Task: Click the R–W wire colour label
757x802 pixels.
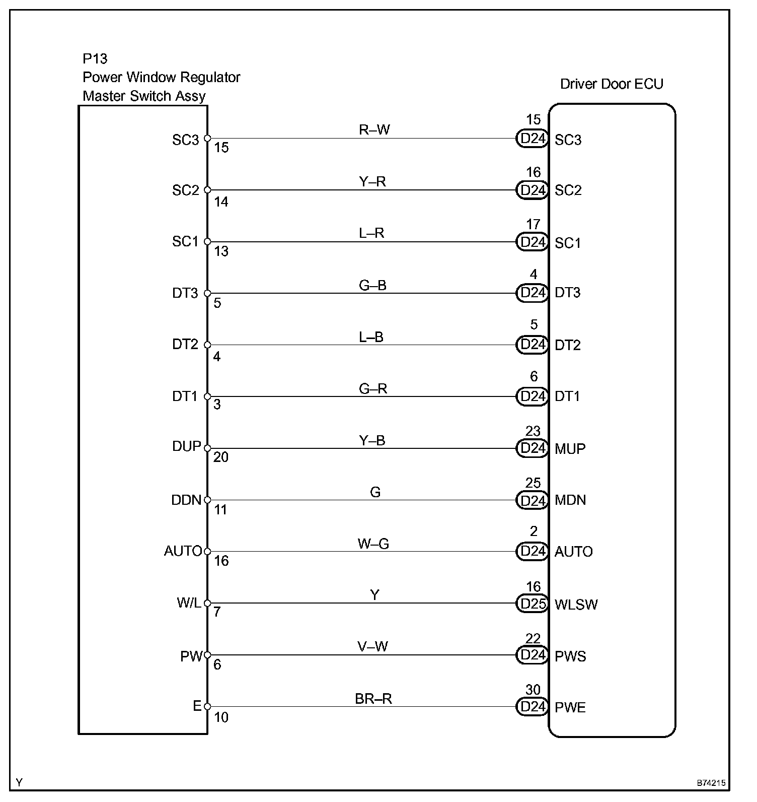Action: coord(374,129)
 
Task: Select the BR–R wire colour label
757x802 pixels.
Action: coord(373,698)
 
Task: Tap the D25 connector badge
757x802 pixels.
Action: coord(532,604)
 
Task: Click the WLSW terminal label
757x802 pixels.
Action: coord(576,605)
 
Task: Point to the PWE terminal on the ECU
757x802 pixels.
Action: coord(570,707)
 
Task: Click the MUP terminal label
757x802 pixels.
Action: coord(570,448)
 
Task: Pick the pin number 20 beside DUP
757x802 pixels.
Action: coord(221,457)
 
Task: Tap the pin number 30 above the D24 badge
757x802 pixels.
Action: coord(533,690)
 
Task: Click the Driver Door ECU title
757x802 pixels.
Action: coord(612,84)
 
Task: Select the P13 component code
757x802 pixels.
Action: coord(95,59)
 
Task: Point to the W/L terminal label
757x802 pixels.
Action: coord(189,603)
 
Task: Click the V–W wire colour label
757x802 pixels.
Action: coord(373,646)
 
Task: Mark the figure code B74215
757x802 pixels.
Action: coord(711,783)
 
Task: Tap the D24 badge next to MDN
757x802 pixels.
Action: coord(532,500)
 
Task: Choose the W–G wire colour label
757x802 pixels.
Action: coord(373,544)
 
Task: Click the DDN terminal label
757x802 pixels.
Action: coord(186,500)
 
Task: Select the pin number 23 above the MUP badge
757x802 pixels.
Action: coord(533,431)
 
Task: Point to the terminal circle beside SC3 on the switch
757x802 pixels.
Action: coord(207,138)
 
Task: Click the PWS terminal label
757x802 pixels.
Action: coord(570,656)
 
